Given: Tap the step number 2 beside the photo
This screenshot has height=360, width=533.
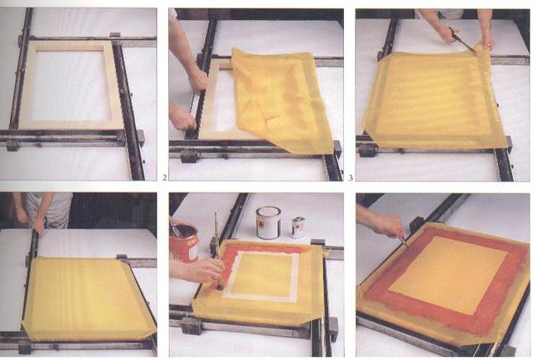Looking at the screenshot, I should click(x=165, y=177).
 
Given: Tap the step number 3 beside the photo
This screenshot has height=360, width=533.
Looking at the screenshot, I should click(x=351, y=177).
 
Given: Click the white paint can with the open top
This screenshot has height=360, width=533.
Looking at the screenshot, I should click(x=267, y=222).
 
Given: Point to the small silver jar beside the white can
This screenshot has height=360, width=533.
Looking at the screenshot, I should click(x=297, y=227).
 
